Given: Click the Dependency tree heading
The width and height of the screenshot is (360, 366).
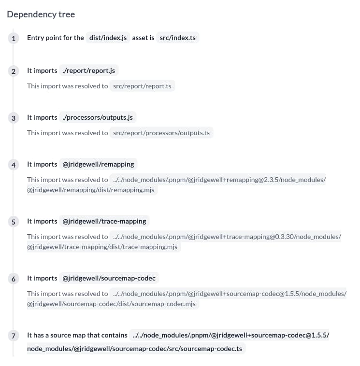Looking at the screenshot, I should click(41, 14).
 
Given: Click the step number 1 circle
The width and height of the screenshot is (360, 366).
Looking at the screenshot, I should click(14, 38).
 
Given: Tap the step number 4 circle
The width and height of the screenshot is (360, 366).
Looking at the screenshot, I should click(14, 165).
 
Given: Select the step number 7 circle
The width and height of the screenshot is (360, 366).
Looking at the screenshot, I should click(14, 336).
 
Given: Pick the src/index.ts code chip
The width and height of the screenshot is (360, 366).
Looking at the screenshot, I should click(177, 38).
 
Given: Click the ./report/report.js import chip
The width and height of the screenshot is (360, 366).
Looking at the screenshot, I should click(89, 70).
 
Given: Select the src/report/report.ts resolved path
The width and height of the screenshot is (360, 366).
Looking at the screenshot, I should click(142, 86).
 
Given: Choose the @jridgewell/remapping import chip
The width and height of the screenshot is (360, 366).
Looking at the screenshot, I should click(99, 164).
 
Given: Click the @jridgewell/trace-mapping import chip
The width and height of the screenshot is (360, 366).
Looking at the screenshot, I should click(104, 221).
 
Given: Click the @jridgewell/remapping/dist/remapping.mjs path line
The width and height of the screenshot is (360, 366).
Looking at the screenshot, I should click(91, 190).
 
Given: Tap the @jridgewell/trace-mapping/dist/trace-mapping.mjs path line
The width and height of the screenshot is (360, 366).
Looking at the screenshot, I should click(102, 247).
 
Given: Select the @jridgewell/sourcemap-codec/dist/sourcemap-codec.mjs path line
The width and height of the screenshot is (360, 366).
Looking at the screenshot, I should click(112, 304).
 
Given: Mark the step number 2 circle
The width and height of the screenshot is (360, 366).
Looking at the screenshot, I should click(14, 71).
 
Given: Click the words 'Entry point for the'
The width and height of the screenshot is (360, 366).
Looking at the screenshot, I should click(55, 38).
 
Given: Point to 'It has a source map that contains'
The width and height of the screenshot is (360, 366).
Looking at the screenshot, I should click(77, 335).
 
